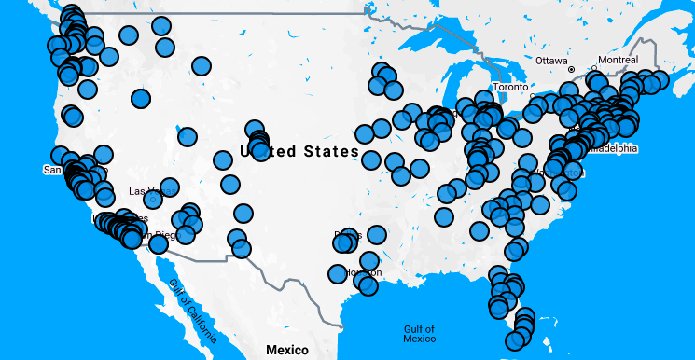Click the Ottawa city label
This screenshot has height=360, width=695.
(x=552, y=61)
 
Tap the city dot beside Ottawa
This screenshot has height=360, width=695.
(x=571, y=69)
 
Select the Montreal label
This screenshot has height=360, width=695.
(x=618, y=61)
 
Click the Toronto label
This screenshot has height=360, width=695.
(x=510, y=87)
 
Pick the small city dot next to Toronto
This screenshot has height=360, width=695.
(x=532, y=95)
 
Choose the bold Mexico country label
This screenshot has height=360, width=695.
(x=286, y=350)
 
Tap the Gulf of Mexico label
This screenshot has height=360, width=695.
(x=420, y=334)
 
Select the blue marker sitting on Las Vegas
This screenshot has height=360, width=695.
(x=152, y=199)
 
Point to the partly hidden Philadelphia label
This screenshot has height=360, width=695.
(x=612, y=148)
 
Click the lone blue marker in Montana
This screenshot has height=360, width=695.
(x=202, y=66)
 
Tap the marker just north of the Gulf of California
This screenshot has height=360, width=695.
(x=159, y=243)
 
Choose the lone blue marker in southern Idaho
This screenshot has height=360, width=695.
(x=141, y=98)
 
